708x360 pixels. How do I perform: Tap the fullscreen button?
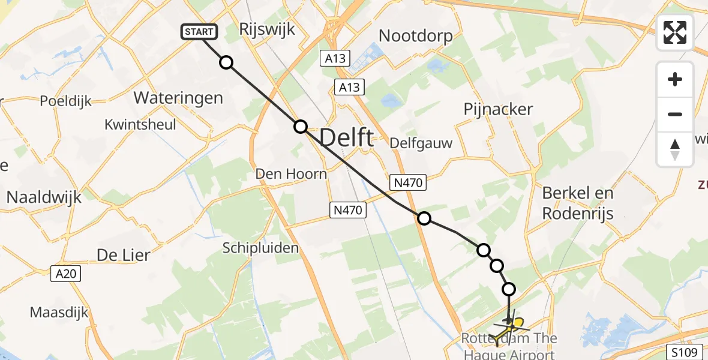675,32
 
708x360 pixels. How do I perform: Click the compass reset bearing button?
675,149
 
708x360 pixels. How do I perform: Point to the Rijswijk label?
267,29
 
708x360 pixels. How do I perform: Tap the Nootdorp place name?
416,35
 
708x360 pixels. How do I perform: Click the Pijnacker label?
498,109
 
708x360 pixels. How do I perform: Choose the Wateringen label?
178,98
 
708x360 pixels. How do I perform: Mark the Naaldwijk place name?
44,197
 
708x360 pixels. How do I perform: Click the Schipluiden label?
260,248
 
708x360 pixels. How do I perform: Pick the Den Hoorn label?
291,174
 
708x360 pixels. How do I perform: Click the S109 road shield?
683,350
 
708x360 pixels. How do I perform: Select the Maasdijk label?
59,313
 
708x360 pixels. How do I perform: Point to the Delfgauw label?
421,143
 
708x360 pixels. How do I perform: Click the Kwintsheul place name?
140,125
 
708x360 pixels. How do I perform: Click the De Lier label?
124,254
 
